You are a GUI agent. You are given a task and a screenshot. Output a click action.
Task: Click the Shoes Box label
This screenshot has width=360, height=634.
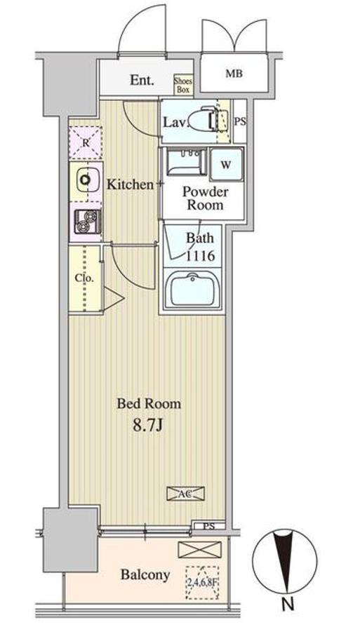click(183, 85)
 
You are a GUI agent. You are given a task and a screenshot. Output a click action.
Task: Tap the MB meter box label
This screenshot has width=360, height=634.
click(234, 74)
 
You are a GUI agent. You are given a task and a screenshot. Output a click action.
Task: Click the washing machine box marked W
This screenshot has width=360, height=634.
click(226, 164)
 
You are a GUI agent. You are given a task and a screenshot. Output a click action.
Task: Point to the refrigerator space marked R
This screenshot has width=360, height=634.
click(86, 142)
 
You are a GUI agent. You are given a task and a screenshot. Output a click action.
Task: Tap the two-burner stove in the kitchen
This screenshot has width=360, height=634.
click(88, 222)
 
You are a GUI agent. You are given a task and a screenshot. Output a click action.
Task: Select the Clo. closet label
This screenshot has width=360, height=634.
click(84, 278)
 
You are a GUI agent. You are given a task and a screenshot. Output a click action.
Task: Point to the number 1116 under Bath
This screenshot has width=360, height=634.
click(200, 255)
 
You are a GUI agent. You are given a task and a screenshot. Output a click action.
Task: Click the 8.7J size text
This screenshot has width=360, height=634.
click(147, 426)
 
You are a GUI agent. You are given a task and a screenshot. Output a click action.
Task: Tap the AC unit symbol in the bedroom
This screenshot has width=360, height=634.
click(186, 493)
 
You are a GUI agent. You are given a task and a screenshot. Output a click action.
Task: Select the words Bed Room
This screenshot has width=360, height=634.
click(149, 403)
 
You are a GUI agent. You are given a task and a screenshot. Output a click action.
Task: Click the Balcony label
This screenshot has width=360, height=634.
click(145, 574)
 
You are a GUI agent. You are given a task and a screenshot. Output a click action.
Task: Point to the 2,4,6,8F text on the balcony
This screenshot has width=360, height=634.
click(202, 583)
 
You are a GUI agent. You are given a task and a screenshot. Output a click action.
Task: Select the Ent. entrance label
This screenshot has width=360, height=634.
click(142, 80)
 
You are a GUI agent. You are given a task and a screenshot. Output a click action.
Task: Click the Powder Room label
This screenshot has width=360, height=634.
click(205, 198)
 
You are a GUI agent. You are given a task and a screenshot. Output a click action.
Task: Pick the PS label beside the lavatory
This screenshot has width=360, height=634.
click(240, 121)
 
